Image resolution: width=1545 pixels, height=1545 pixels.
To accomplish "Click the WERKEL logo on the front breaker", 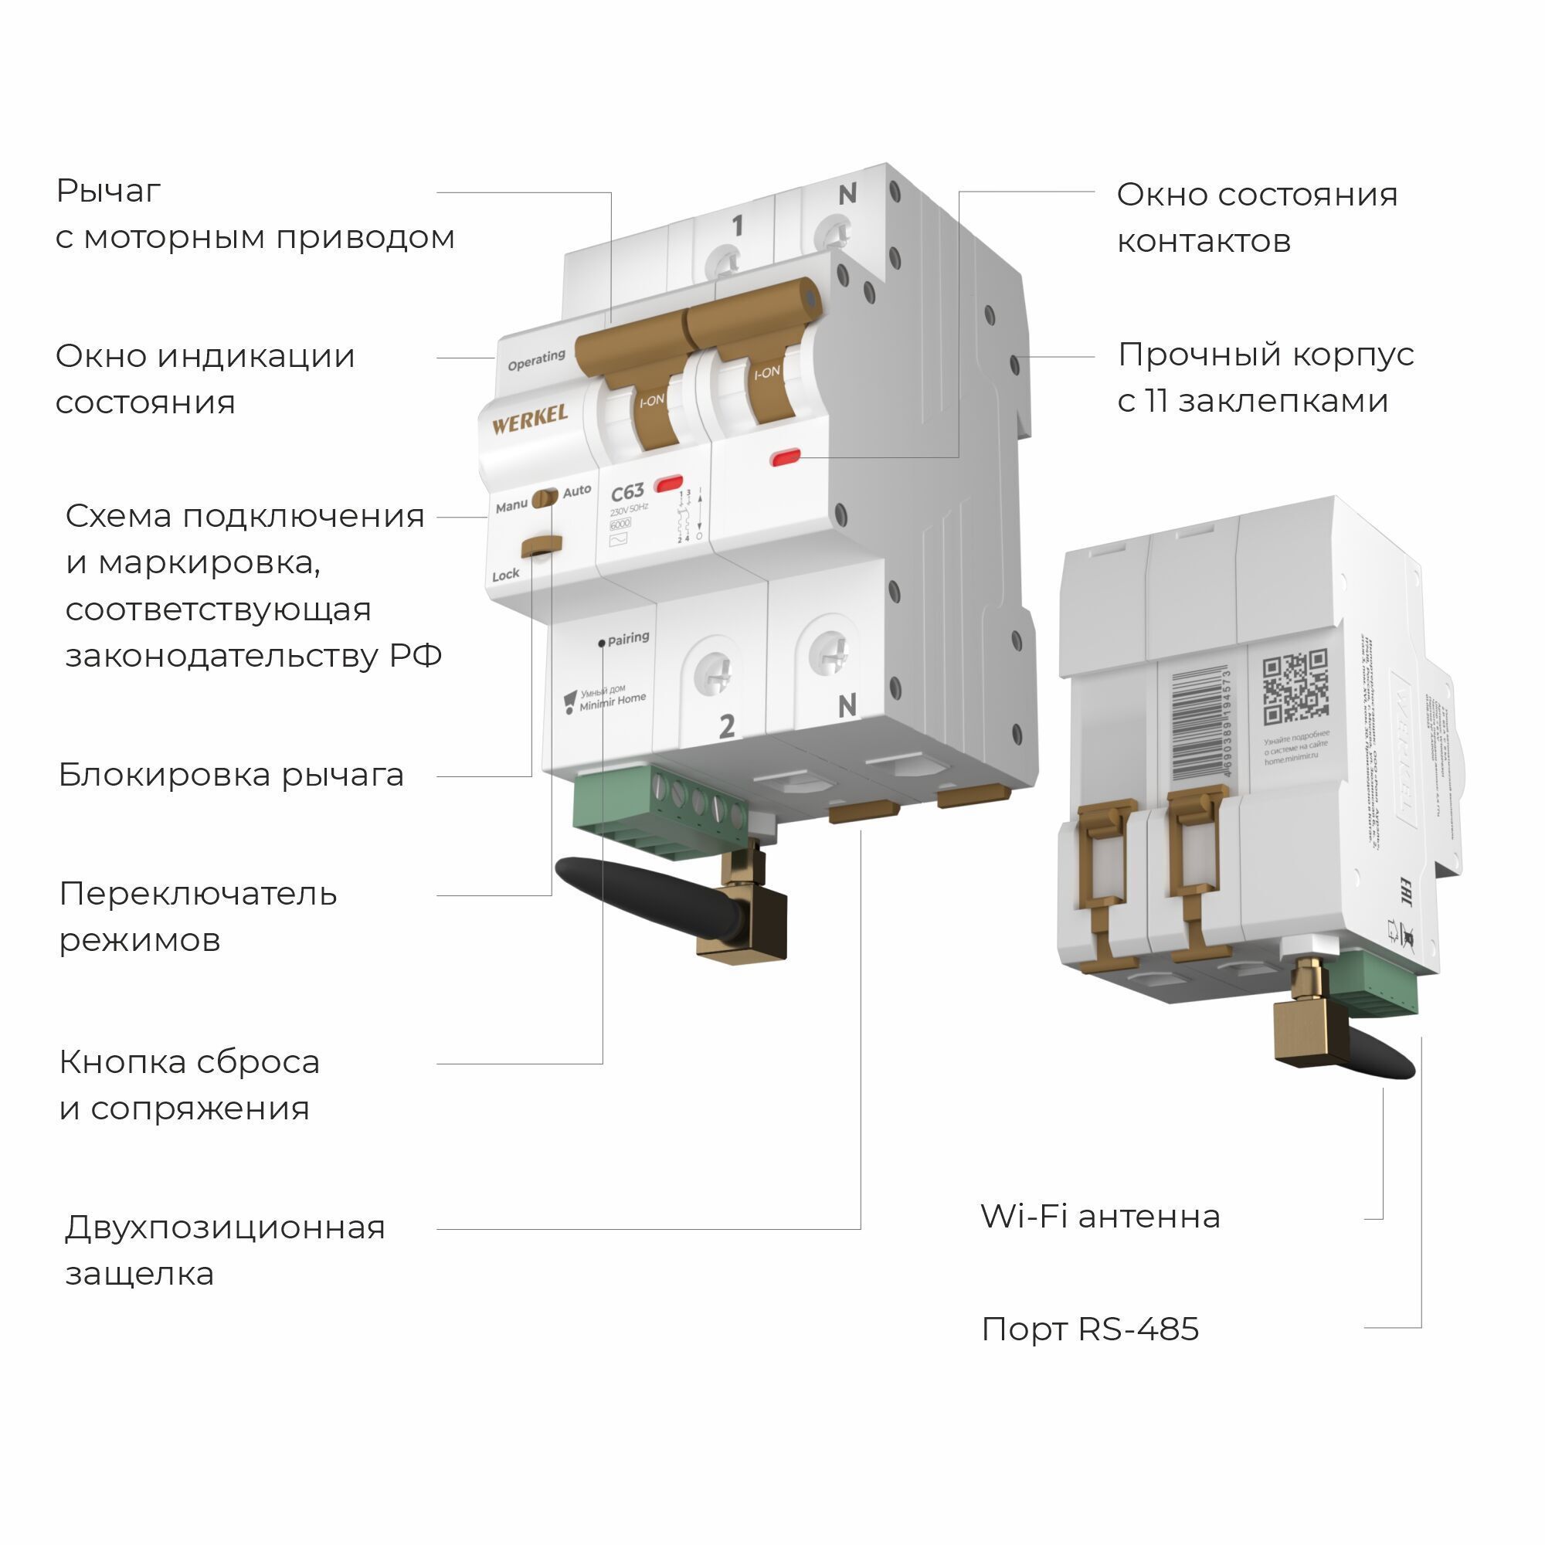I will tap(529, 419).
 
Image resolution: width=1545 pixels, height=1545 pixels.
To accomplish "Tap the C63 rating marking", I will tap(627, 493).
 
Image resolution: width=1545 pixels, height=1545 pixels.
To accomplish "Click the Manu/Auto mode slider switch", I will tap(545, 497).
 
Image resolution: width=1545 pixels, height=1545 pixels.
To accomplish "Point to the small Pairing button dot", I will tap(601, 643).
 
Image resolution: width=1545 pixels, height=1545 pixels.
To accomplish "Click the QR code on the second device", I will tap(1295, 687).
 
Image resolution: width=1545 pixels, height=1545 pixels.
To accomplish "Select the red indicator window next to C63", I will tap(668, 483).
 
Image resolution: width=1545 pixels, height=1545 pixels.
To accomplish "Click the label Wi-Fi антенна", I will tap(1099, 1217).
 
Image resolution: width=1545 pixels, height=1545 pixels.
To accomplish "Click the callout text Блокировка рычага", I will tap(231, 775).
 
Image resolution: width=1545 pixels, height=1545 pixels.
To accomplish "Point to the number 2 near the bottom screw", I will tap(726, 726).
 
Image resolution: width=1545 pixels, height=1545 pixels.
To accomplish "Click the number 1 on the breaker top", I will tap(737, 226).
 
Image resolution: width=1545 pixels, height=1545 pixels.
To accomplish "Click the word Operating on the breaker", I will tap(536, 360).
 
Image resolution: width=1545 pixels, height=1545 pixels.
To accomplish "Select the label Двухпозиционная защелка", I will tap(224, 1250).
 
